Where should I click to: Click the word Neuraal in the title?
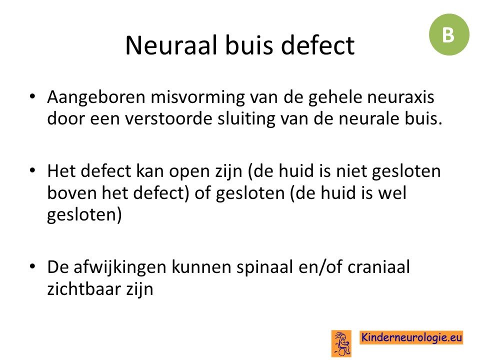click(171, 45)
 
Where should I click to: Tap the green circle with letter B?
click(449, 34)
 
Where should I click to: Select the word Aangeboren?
click(96, 98)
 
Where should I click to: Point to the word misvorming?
click(198, 98)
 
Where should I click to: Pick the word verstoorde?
click(168, 118)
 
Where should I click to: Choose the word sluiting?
click(246, 119)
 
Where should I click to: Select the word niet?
click(351, 171)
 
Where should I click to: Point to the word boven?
click(72, 193)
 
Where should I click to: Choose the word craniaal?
click(378, 266)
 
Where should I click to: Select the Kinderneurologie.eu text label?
click(411, 337)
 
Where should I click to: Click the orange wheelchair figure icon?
click(341, 343)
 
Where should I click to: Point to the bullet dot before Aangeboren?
click(32, 96)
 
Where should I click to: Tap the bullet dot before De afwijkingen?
click(32, 266)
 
